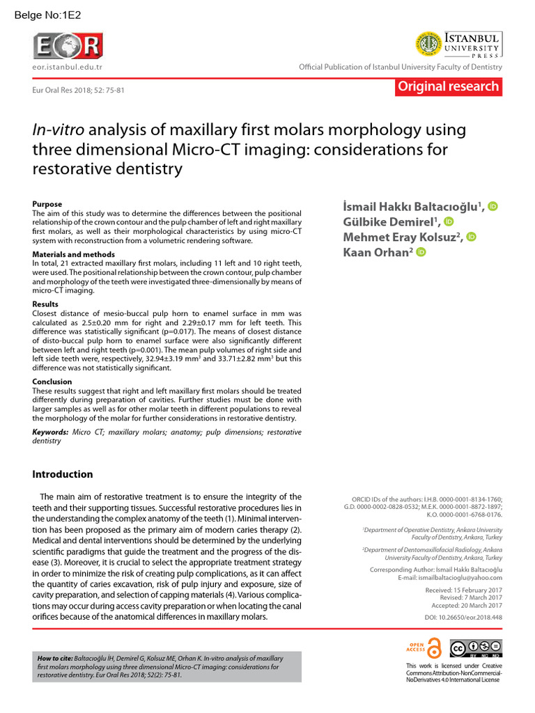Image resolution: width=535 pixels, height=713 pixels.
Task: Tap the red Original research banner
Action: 447,86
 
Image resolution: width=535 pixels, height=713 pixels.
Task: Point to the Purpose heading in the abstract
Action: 47,204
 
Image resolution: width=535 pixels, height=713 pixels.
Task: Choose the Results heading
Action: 47,304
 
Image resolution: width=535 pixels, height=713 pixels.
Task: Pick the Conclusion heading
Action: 52,382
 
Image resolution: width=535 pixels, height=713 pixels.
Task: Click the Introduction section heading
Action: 63,474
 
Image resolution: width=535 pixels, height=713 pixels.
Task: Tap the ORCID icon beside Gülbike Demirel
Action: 449,221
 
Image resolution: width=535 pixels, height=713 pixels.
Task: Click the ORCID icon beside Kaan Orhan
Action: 421,252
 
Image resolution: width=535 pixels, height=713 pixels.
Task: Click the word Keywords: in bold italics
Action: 51,432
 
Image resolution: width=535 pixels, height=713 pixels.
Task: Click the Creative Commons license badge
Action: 476,648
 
